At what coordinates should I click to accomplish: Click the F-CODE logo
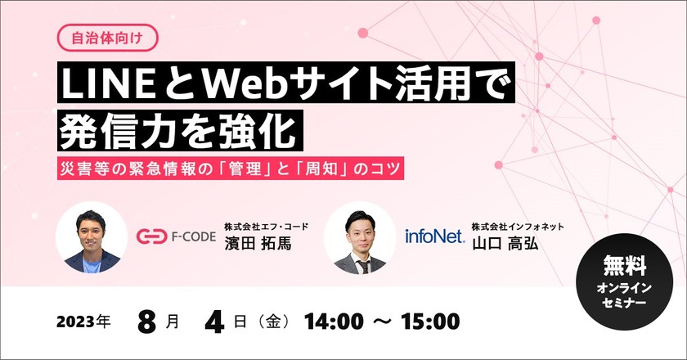[x=176, y=237]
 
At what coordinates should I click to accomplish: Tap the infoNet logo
[x=434, y=237]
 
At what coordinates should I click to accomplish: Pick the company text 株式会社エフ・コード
[x=268, y=227]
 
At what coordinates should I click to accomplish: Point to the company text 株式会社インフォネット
[x=517, y=227]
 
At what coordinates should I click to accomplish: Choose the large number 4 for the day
[x=216, y=321]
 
